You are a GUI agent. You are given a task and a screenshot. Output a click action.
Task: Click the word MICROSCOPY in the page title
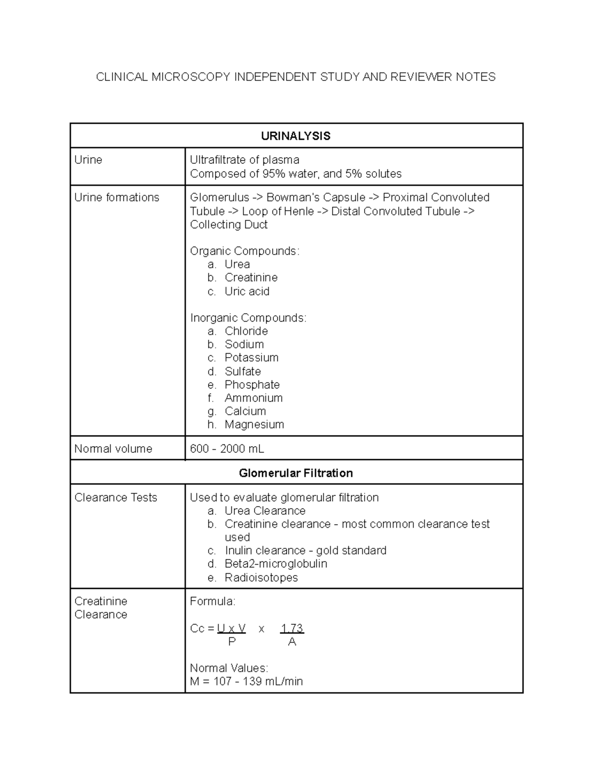[191, 77]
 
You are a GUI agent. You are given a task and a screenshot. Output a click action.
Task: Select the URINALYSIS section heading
[296, 136]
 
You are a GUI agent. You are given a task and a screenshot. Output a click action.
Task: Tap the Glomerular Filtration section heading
[296, 473]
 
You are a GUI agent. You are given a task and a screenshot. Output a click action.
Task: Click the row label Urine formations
[117, 197]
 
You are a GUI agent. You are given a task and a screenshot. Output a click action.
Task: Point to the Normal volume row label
[113, 449]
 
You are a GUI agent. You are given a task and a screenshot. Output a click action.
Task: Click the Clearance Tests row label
[115, 497]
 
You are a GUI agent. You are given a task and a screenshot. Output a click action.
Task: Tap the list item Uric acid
[247, 292]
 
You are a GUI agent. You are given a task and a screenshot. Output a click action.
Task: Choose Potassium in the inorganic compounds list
[251, 358]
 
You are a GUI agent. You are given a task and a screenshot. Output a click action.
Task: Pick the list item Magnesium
[254, 424]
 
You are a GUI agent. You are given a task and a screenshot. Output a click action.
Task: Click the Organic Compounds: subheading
[245, 251]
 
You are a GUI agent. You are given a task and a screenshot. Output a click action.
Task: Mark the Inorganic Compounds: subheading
[248, 318]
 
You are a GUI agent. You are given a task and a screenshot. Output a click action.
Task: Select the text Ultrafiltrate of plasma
[245, 160]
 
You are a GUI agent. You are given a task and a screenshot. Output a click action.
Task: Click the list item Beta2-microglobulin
[276, 564]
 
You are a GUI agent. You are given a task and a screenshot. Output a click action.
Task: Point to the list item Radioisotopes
[261, 578]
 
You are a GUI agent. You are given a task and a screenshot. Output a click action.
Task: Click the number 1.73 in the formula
[292, 628]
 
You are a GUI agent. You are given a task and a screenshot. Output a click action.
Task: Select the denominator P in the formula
[232, 642]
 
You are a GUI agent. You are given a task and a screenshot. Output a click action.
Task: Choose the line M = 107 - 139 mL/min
[246, 682]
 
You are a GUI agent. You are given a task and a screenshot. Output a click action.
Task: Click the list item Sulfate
[243, 371]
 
